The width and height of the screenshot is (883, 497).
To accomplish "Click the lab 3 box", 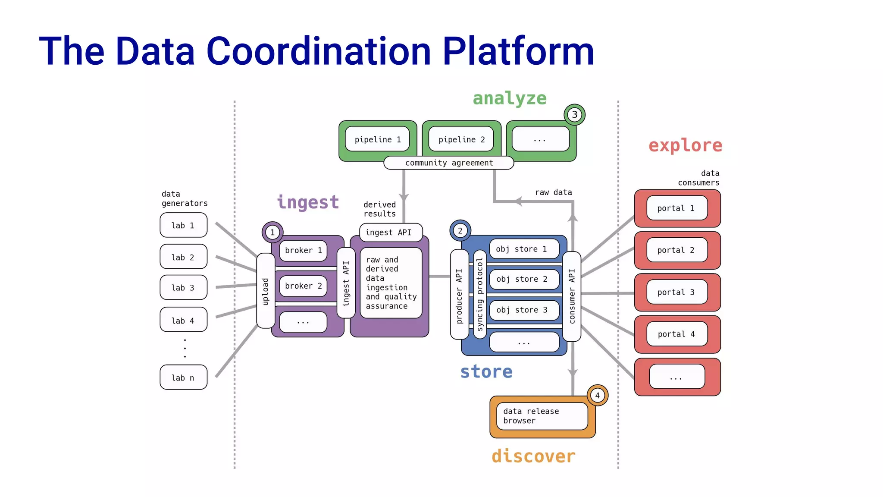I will (x=183, y=287).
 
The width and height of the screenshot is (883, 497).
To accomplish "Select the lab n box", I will (x=183, y=377).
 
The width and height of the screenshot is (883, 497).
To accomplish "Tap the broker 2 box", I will (x=303, y=286).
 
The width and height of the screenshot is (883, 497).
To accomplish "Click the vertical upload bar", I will (x=266, y=291).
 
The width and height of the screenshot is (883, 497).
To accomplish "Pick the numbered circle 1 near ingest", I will (x=272, y=232).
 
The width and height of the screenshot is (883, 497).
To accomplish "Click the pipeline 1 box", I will (x=377, y=139).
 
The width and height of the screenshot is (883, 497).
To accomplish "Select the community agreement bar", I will (x=448, y=163).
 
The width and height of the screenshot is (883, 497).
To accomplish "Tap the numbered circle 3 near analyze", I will (x=574, y=115).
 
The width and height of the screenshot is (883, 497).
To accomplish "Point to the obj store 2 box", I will (x=524, y=279).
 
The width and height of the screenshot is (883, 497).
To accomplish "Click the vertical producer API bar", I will (x=459, y=295).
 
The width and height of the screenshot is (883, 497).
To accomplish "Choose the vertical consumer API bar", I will (x=572, y=296).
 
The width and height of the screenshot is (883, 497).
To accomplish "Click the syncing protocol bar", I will (x=480, y=294).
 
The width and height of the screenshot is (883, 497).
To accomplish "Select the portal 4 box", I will (x=676, y=334).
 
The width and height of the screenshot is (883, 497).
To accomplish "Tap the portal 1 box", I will (x=676, y=208).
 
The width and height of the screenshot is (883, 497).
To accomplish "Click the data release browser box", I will (x=542, y=416).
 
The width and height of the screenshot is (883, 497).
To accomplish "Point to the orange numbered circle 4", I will (x=598, y=395).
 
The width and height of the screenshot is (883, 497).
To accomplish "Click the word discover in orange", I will (x=533, y=456).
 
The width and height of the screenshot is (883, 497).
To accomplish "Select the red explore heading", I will (x=685, y=145).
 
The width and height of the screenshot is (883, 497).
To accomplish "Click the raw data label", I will (x=553, y=192).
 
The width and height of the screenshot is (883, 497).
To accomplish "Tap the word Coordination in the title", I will (x=319, y=52).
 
